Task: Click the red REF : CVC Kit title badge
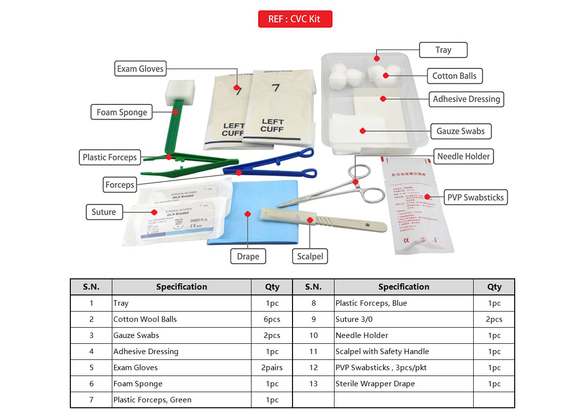[295, 19]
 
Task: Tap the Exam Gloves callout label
[140, 69]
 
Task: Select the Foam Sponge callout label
[122, 112]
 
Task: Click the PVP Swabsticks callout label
[475, 198]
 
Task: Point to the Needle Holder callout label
[463, 157]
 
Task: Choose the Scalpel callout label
[310, 256]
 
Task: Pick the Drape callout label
[248, 256]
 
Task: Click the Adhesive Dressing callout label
[466, 99]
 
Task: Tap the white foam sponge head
[180, 91]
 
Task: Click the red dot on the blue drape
[248, 214]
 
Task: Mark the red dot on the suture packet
[154, 212]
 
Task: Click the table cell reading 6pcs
[272, 319]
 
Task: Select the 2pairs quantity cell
[272, 368]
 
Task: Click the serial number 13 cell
[314, 384]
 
